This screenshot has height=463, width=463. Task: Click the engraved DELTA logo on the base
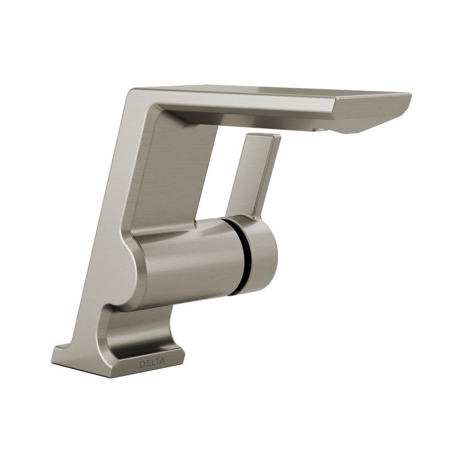(x=152, y=363)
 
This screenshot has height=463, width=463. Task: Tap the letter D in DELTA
(x=142, y=364)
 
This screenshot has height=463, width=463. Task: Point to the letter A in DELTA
(x=163, y=362)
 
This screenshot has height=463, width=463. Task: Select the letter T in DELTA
(x=157, y=362)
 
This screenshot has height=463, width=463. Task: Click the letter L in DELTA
(x=152, y=363)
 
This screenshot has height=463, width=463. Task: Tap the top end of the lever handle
(x=264, y=136)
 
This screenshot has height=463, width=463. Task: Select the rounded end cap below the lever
(x=260, y=254)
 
